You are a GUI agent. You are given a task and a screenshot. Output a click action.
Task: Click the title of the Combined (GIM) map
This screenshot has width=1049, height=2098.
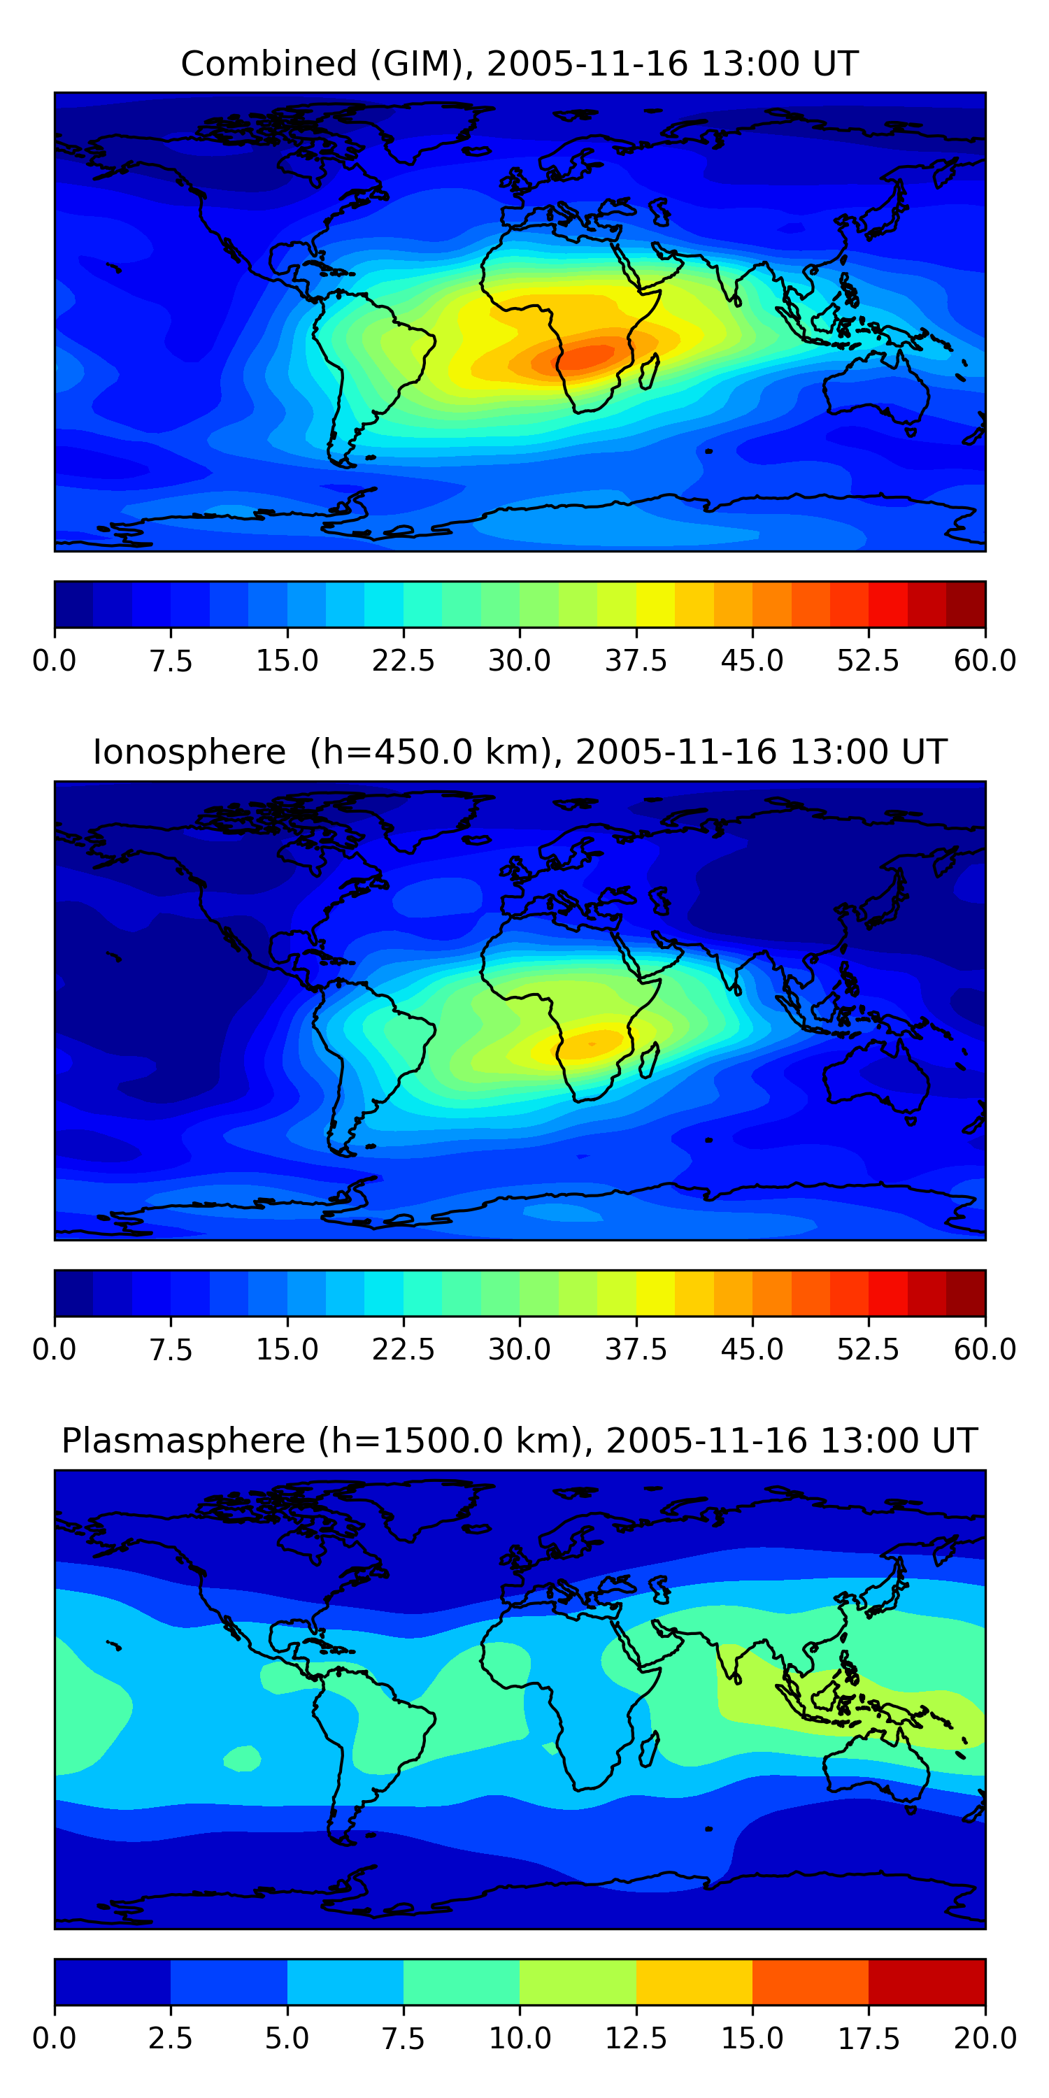tap(520, 64)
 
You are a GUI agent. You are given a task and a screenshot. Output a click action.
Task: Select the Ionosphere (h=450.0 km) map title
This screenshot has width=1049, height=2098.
tap(520, 752)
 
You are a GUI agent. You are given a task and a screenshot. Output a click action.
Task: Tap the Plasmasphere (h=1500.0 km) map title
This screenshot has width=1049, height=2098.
tap(520, 1441)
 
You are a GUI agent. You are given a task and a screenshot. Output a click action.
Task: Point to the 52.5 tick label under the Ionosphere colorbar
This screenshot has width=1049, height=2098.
tap(868, 1350)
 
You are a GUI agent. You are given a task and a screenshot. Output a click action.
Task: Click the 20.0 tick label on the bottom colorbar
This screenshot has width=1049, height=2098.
tap(985, 2039)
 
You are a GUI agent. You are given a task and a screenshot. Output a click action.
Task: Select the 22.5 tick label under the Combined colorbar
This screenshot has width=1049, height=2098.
tap(403, 660)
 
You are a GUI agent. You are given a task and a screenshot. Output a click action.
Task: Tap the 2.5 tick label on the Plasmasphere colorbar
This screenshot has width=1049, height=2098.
tap(170, 2039)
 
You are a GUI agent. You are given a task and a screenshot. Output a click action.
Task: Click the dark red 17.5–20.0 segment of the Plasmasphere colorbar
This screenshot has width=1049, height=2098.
tap(927, 1981)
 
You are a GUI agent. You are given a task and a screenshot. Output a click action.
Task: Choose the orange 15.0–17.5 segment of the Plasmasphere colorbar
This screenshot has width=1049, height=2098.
tap(811, 1981)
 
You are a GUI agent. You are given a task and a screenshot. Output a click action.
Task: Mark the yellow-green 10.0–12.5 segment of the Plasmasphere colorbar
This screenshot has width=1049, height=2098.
tap(578, 1981)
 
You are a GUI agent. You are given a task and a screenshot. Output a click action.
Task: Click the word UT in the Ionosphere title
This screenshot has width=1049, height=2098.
tap(925, 752)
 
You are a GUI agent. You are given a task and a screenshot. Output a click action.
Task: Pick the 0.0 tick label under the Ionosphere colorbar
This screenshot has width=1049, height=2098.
tap(54, 1350)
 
